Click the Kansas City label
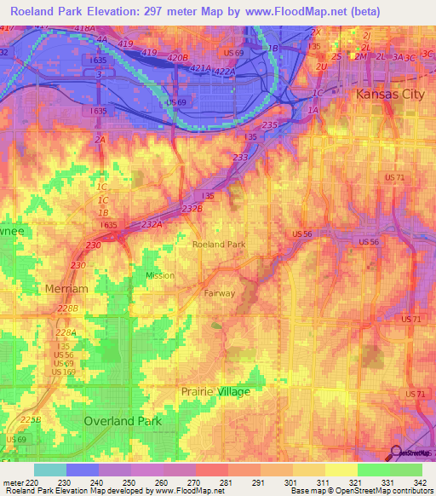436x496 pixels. pyautogui.click(x=389, y=93)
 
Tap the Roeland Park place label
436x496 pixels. pyautogui.click(x=219, y=244)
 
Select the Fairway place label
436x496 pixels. pyautogui.click(x=220, y=293)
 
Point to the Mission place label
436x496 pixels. pyautogui.click(x=159, y=275)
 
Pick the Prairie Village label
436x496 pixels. pyautogui.click(x=215, y=391)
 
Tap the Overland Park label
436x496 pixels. pyautogui.click(x=123, y=421)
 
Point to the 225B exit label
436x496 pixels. pyautogui.click(x=30, y=419)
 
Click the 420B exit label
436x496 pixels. pyautogui.click(x=177, y=57)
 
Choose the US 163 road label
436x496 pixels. pyautogui.click(x=63, y=372)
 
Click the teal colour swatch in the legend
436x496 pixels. pyautogui.click(x=50, y=470)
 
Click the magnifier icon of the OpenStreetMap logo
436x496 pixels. pyautogui.click(x=396, y=453)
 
